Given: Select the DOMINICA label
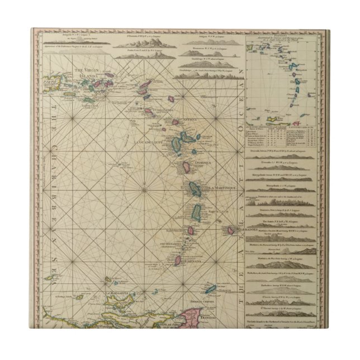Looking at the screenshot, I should (x=200, y=163).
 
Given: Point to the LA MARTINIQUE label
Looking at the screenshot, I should (x=221, y=188).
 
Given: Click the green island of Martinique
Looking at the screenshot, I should (x=196, y=190).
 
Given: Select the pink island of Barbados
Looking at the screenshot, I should (x=230, y=230).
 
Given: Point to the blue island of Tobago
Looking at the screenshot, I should (x=211, y=289).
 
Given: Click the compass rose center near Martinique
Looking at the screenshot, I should (x=144, y=190).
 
